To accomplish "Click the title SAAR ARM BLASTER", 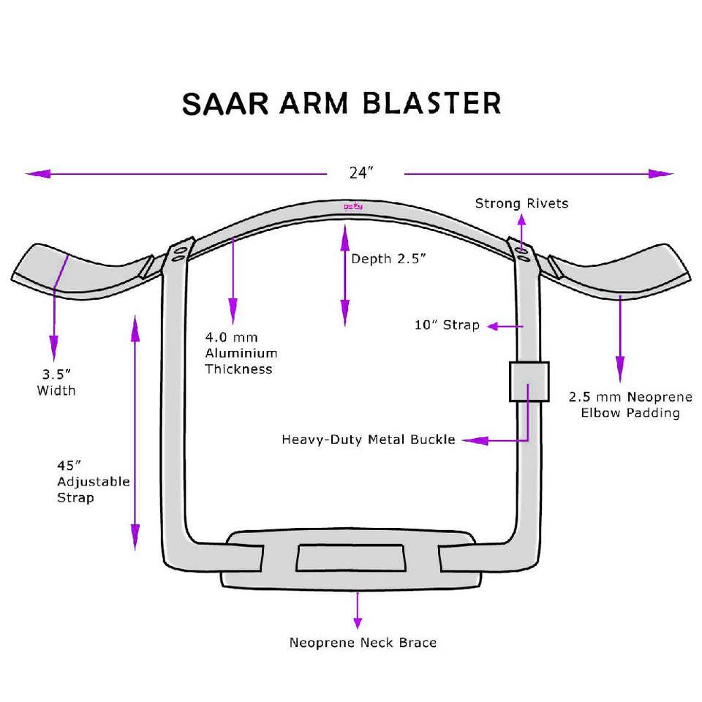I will pos(341,103).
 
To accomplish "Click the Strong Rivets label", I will pos(521,203).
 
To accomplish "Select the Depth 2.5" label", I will pos(388,259).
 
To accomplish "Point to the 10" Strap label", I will pos(447,325).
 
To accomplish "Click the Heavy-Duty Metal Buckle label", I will pos(369,439).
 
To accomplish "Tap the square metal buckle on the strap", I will pos(529,381).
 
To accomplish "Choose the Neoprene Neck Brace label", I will pos(363,643).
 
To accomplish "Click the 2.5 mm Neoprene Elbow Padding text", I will pos(630,405).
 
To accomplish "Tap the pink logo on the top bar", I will pos(354,208).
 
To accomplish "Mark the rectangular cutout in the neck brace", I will pos(350,558).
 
